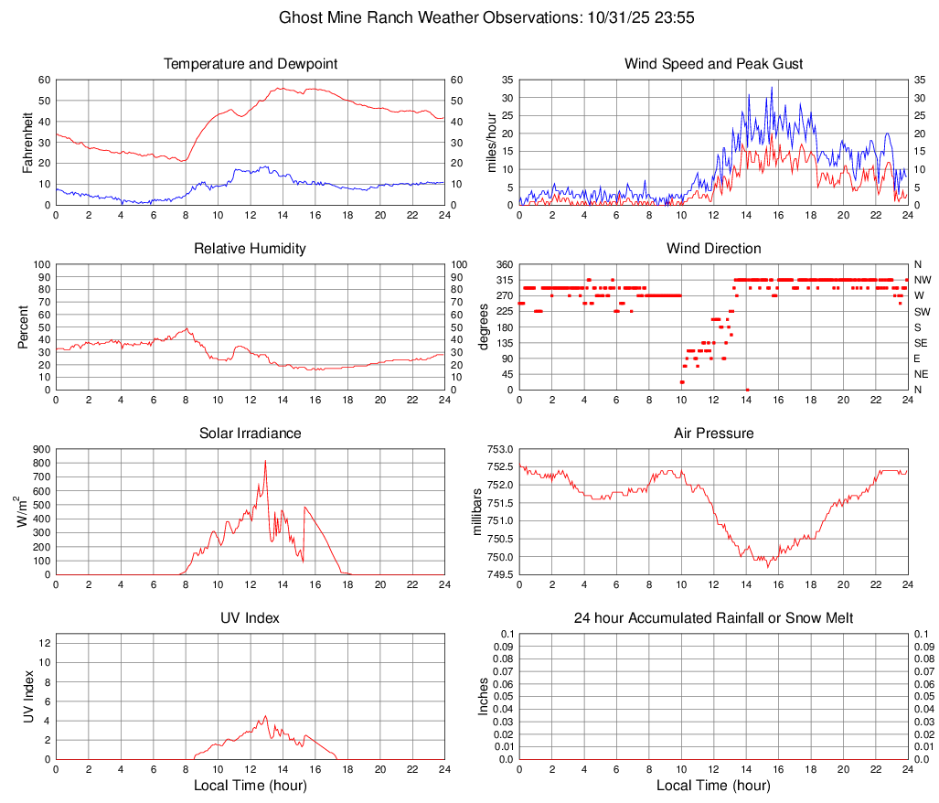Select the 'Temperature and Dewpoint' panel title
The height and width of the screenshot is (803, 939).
point(250,64)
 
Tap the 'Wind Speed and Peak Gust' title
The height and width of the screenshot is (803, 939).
point(713,64)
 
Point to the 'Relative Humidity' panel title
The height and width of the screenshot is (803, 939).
point(250,249)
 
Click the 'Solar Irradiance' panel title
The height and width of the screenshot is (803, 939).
point(250,433)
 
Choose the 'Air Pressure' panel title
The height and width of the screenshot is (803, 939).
point(713,433)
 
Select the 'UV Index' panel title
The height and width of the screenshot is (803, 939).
point(250,618)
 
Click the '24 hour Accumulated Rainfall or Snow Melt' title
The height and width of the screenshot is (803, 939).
point(713,618)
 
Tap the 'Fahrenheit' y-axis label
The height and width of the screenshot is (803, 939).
point(27,142)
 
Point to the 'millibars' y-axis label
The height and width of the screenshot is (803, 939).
point(475,512)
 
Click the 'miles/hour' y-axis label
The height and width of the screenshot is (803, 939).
point(491,142)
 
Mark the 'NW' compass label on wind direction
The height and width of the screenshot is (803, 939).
point(923,280)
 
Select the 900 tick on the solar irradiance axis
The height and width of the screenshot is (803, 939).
point(41,449)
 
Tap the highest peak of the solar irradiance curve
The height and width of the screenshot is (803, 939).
point(265,460)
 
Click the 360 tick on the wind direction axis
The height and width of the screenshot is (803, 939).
point(501,264)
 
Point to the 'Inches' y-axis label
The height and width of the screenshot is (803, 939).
point(485,697)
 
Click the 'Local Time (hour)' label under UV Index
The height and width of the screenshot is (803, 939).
point(250,786)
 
